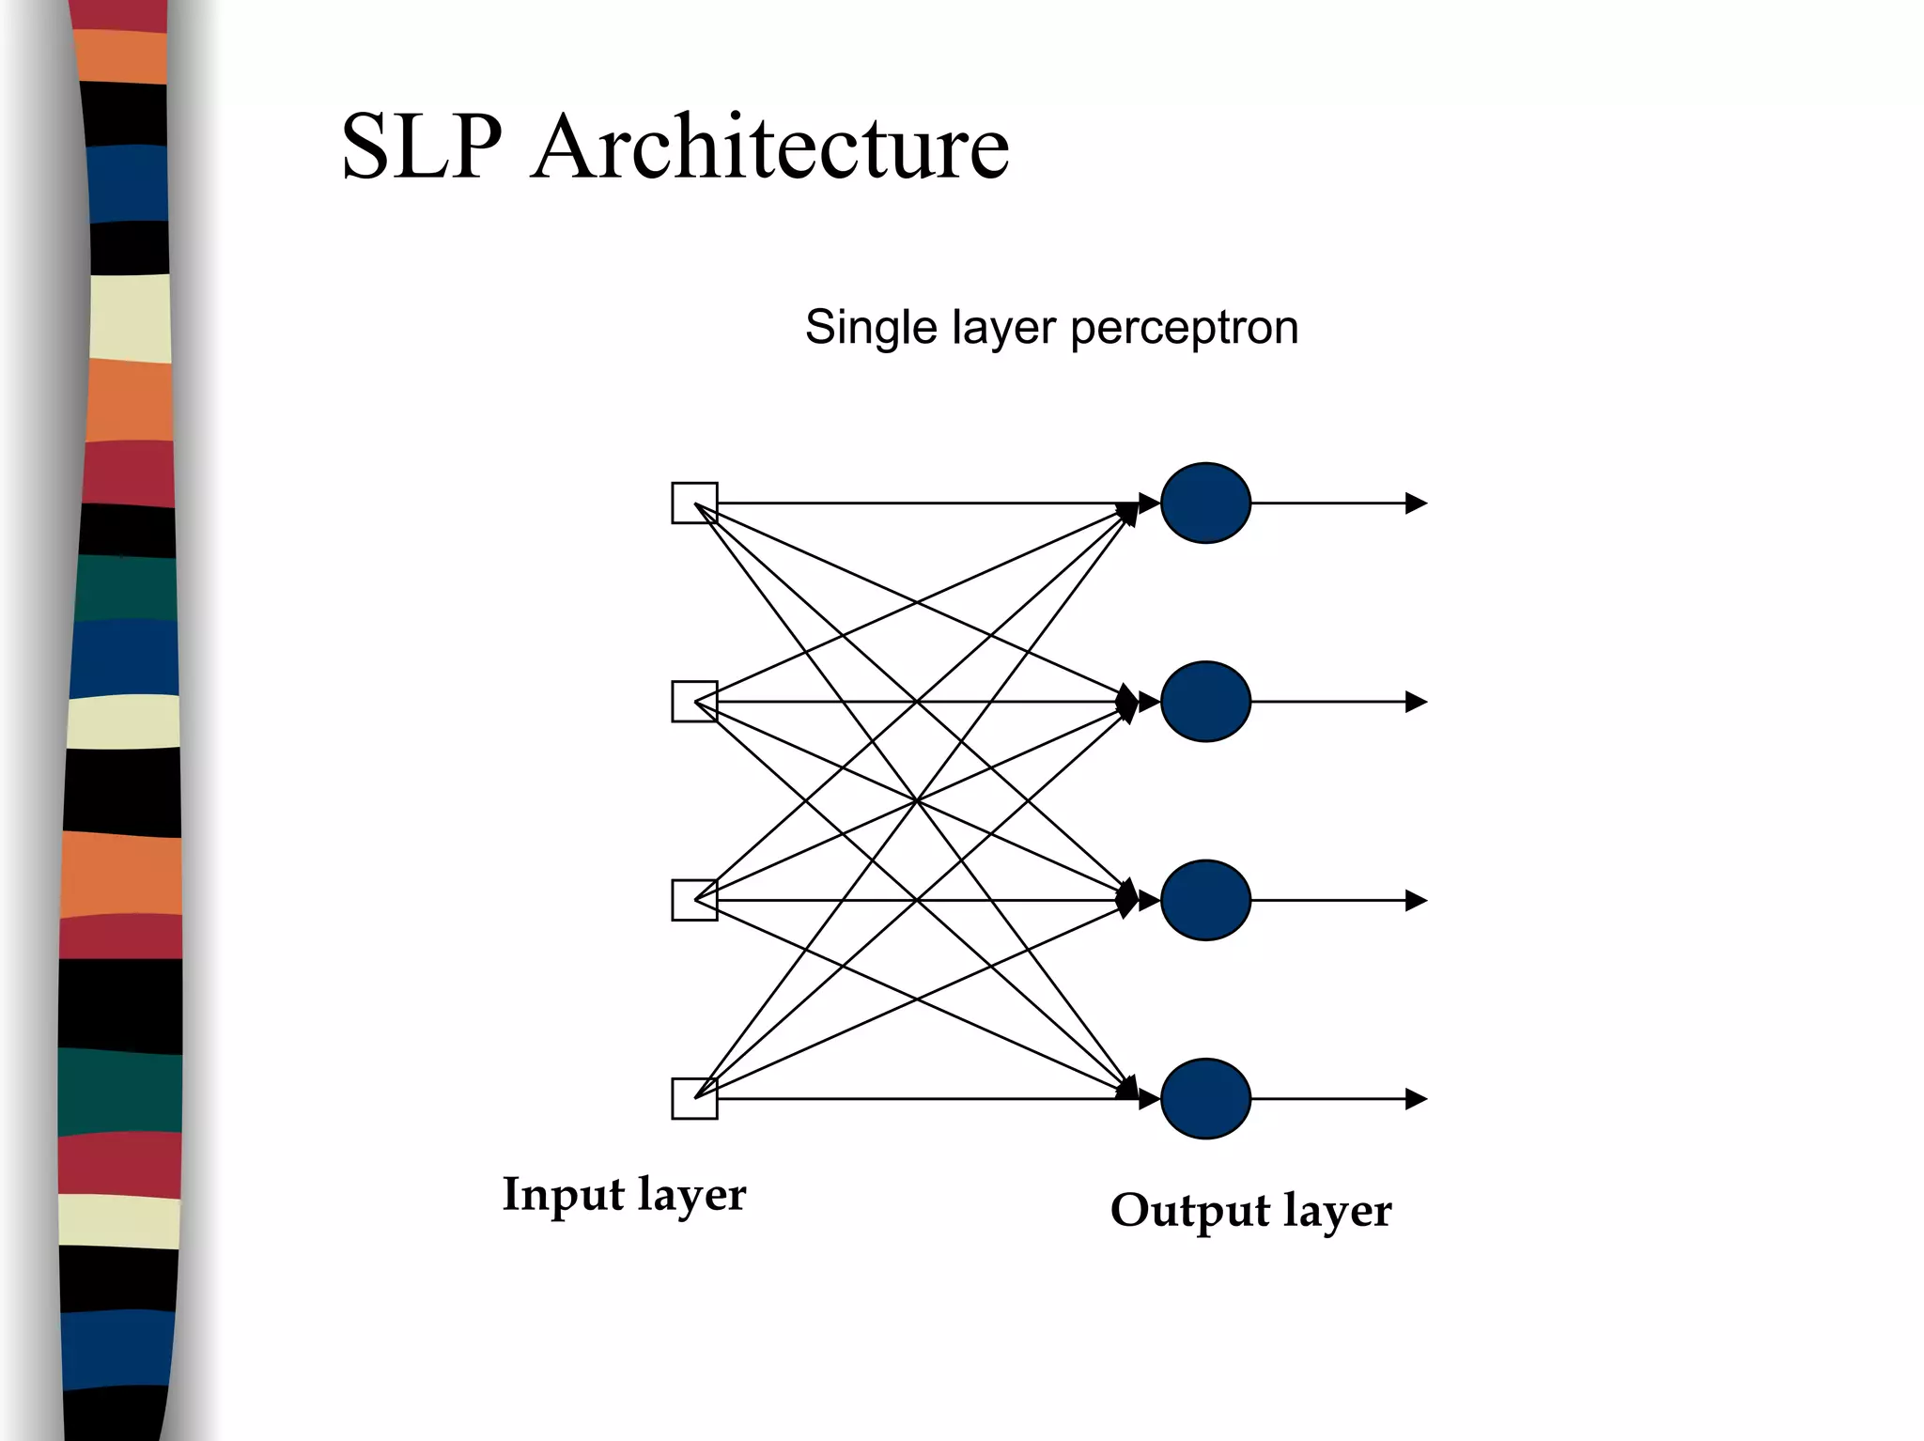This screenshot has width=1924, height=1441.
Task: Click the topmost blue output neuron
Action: coord(1205,503)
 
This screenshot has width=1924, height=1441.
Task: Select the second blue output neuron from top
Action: coord(1205,702)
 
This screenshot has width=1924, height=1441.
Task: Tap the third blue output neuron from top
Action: coord(1205,900)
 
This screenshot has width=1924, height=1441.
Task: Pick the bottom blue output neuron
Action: coord(1205,1098)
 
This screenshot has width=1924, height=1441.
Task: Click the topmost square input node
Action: coord(694,504)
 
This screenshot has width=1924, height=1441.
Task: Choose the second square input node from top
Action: coord(694,702)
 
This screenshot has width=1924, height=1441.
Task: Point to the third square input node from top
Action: coord(694,900)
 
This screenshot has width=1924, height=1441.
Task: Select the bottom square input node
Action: coord(694,1098)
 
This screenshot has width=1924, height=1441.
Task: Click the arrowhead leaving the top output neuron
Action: coord(1416,504)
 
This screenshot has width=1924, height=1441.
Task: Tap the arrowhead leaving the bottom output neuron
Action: coord(1416,1098)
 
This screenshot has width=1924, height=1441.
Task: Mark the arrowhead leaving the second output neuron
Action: coord(1416,702)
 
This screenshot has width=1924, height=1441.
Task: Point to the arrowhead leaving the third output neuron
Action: coord(1416,900)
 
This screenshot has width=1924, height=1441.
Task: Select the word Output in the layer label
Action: coord(1189,1210)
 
